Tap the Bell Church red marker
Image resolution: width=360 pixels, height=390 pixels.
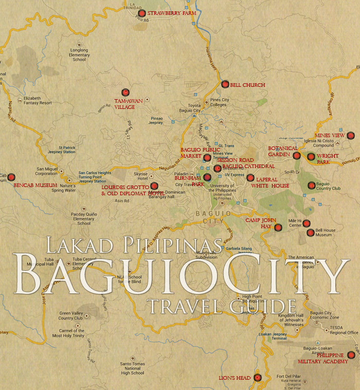(x=225, y=84)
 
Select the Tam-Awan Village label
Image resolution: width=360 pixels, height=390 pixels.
(x=124, y=104)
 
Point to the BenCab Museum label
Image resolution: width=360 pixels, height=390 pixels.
(x=35, y=184)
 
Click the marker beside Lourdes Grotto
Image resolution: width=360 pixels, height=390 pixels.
(x=154, y=186)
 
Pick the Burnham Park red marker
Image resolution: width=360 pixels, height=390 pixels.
(x=207, y=177)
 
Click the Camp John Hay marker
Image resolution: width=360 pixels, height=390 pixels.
(x=278, y=227)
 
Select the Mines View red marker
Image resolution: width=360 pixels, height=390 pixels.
(x=351, y=136)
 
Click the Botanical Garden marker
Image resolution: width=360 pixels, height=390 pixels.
(x=296, y=155)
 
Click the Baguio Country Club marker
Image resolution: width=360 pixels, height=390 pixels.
(x=311, y=185)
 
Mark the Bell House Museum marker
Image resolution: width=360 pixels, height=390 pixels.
(x=310, y=232)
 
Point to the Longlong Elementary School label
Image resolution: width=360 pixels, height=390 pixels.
(x=79, y=55)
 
